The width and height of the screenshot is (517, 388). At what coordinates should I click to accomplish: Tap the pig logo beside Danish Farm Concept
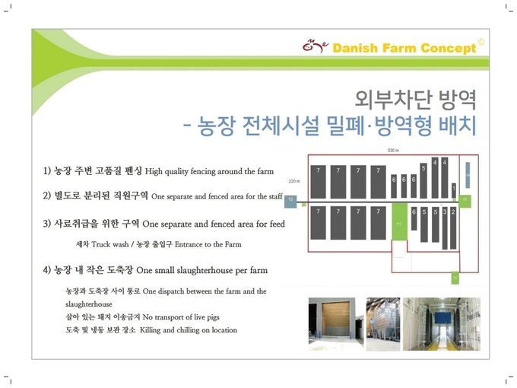point(316,46)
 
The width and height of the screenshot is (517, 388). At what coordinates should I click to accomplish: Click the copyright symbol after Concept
point(481,43)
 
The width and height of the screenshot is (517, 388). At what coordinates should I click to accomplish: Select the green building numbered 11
point(399,221)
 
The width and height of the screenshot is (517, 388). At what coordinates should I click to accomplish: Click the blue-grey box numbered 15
point(290,202)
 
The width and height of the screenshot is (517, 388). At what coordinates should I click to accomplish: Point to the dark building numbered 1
point(454,190)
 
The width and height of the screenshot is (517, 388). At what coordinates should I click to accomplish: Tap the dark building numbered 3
point(445,228)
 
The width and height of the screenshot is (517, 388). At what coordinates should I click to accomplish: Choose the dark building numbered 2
point(453,227)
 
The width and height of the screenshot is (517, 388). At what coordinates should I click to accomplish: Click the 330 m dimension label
point(393,151)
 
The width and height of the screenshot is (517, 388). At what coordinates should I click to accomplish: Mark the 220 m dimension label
point(294,181)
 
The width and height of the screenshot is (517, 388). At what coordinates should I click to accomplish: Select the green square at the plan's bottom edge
point(455,278)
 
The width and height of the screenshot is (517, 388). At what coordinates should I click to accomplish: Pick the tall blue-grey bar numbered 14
point(468,175)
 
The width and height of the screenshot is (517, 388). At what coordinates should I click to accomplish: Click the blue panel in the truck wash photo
point(443,318)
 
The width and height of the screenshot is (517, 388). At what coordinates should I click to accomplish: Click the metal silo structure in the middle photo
point(382,322)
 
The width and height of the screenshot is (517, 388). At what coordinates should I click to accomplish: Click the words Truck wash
point(109,244)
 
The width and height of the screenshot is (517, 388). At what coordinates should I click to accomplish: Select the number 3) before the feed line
point(47,224)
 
